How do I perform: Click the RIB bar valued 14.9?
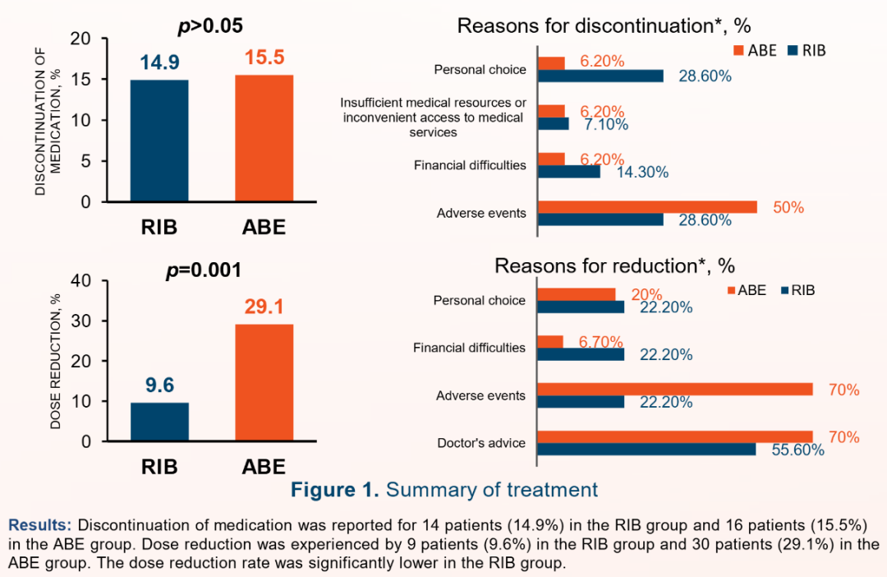[x=159, y=141]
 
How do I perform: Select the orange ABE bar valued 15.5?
[x=264, y=138]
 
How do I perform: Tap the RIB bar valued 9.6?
[x=159, y=422]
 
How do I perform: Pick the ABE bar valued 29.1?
[x=264, y=382]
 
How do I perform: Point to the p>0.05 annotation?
[x=210, y=26]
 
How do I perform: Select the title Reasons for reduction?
[x=614, y=266]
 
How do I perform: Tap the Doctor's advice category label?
[x=480, y=443]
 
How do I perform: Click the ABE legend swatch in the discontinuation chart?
[x=739, y=51]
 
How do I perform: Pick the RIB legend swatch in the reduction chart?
[x=784, y=290]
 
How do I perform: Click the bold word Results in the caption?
[x=40, y=524]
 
